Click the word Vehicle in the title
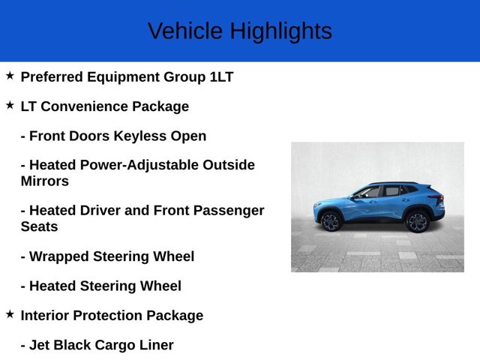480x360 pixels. [185, 31]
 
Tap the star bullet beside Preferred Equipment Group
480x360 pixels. [10, 76]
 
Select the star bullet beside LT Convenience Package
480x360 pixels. [10, 106]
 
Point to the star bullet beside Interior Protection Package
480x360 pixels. [10, 314]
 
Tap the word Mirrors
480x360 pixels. [44, 181]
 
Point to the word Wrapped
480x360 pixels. [56, 256]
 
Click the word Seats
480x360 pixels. [39, 226]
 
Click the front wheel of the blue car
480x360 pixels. [331, 221]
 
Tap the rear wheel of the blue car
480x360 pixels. [416, 221]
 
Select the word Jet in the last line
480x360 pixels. [41, 345]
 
